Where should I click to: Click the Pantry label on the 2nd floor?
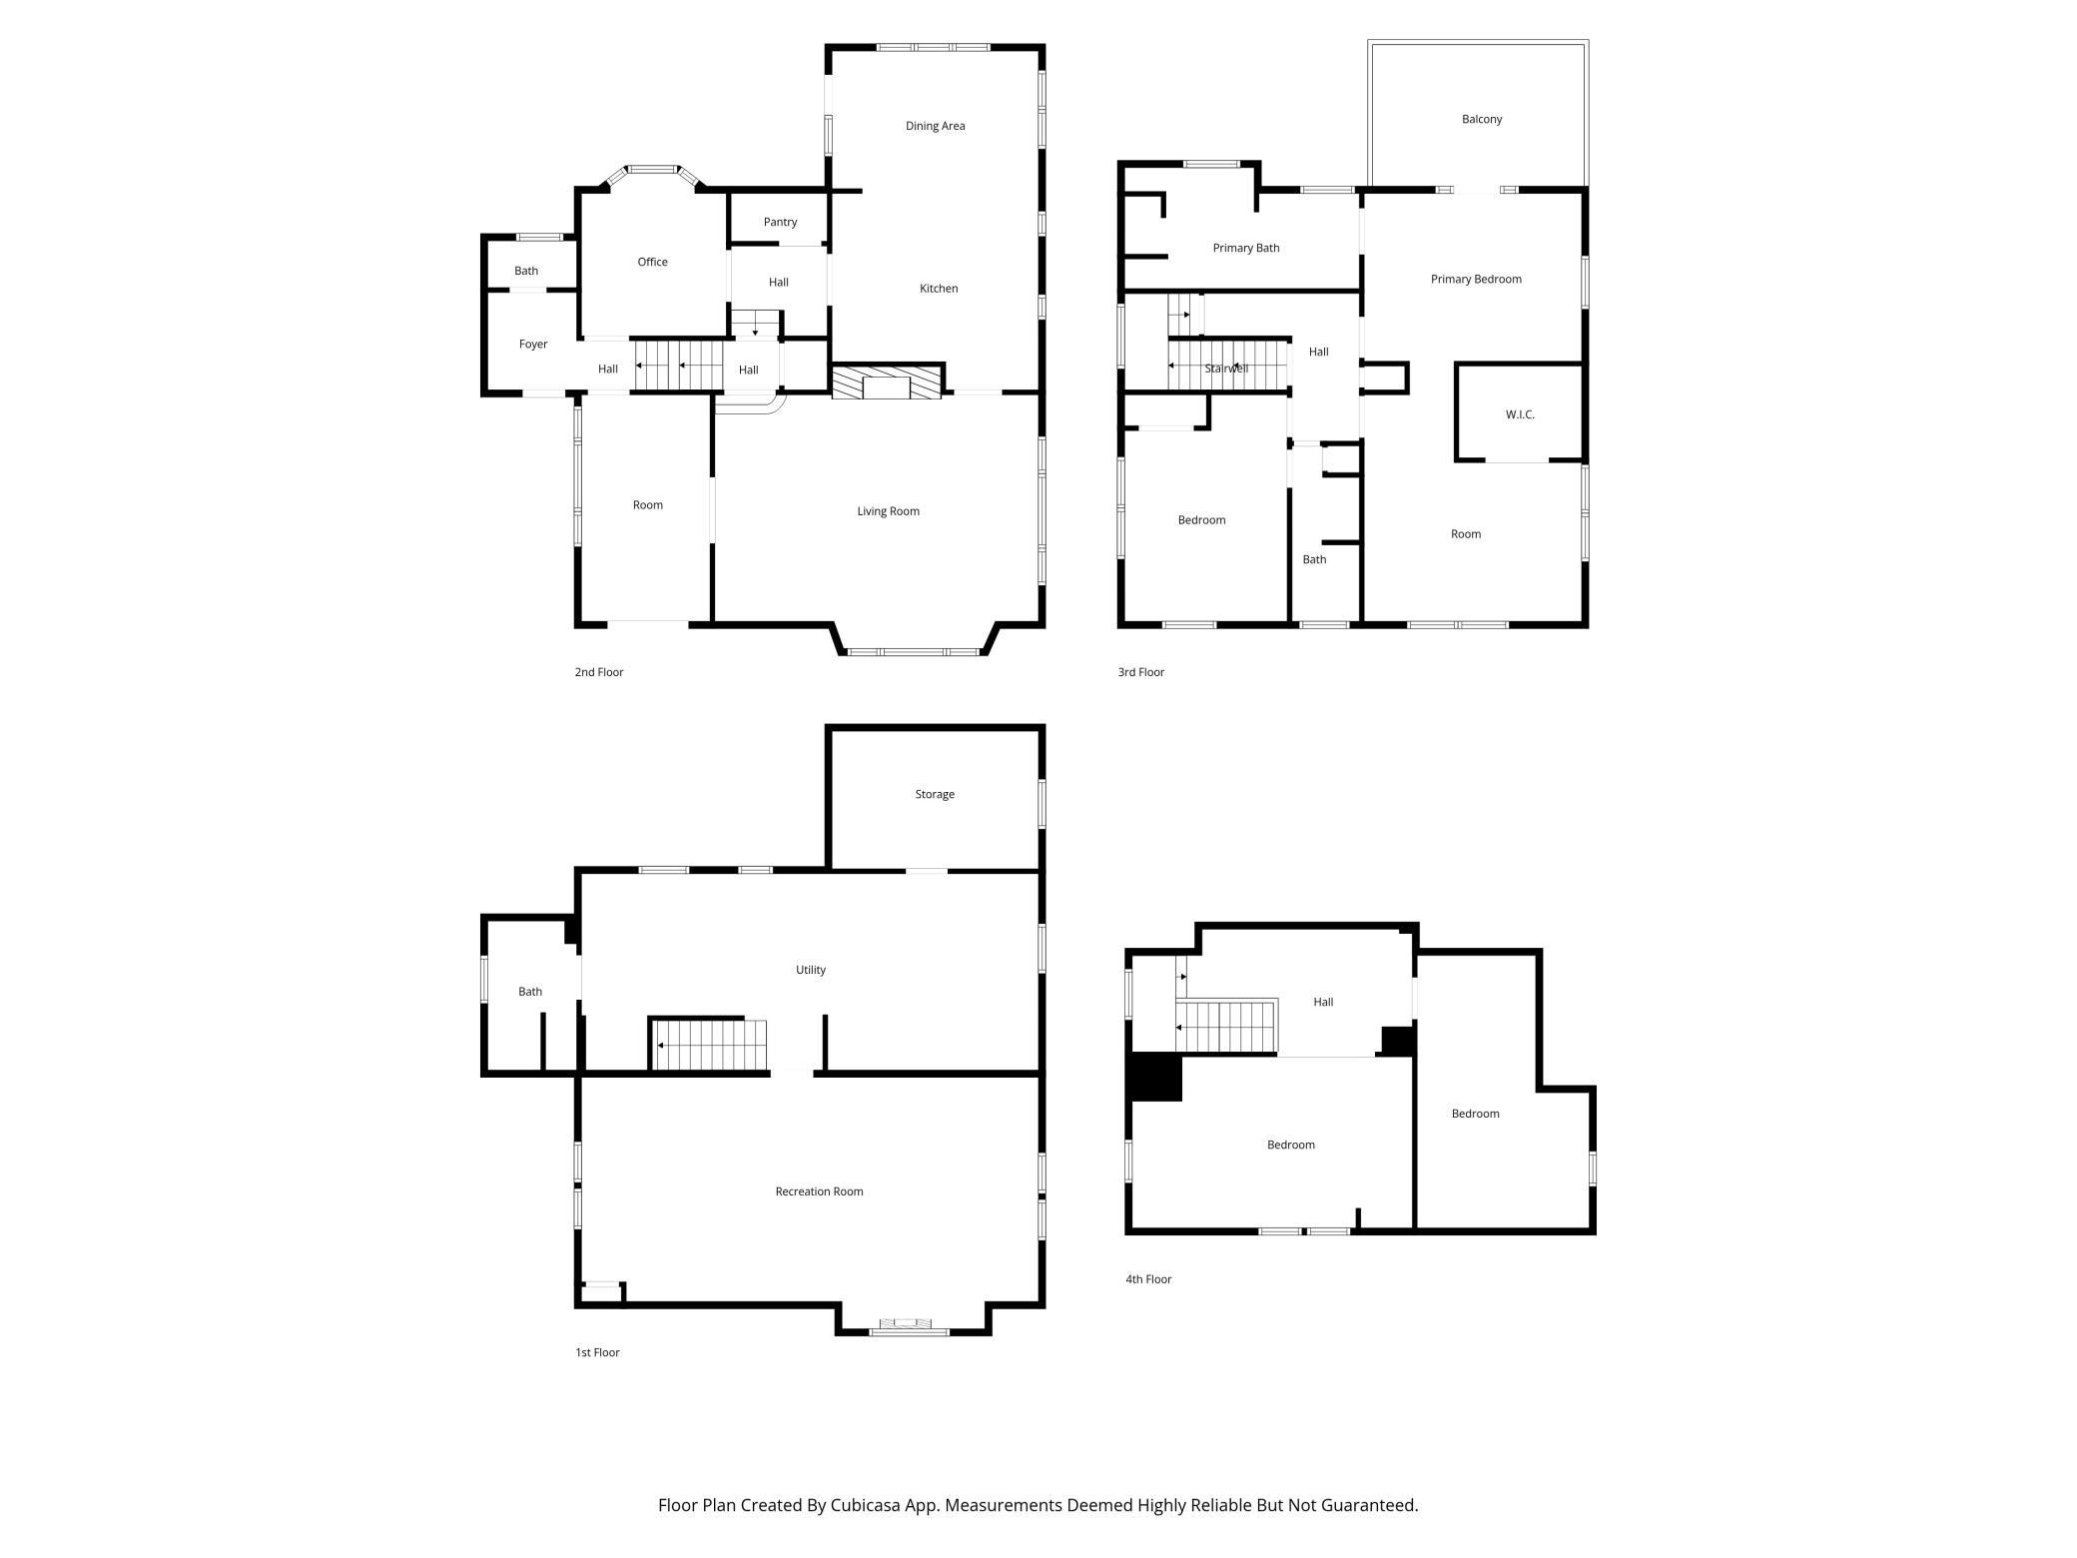click(780, 222)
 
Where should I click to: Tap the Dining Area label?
click(935, 126)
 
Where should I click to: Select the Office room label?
click(652, 262)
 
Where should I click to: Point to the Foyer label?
click(533, 345)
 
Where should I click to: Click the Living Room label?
click(888, 511)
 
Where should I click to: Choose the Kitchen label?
click(939, 289)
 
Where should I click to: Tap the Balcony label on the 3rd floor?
click(1482, 119)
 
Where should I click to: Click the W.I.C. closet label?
click(1520, 414)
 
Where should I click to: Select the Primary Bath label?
click(1246, 248)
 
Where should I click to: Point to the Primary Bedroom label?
click(1476, 279)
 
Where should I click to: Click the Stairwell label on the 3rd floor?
click(1226, 369)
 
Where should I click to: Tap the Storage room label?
click(935, 794)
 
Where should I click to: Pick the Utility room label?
click(811, 970)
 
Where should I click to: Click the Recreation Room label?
click(819, 1191)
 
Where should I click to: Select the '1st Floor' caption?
click(597, 1352)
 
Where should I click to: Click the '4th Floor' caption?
click(1148, 1279)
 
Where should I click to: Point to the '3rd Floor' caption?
click(1140, 672)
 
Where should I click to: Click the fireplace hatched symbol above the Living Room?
click(887, 384)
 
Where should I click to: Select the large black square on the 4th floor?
click(1155, 1078)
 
